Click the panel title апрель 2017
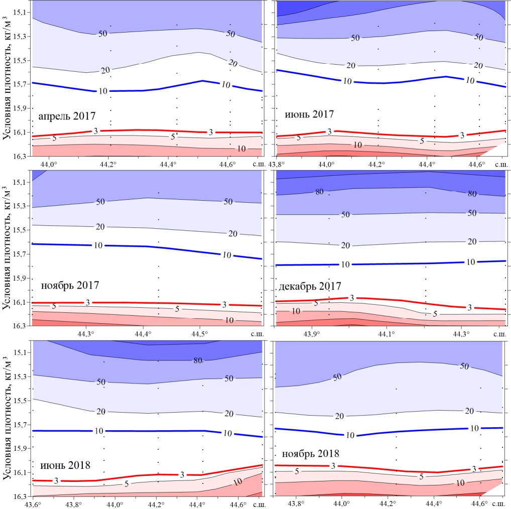coord(67,116)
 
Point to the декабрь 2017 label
coord(309,286)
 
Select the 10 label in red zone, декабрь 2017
coord(296,311)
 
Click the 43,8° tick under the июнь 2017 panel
coord(277,164)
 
